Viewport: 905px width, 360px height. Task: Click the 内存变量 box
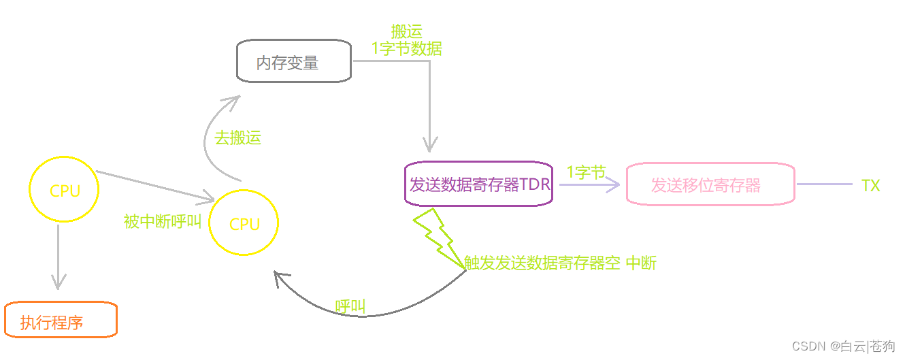tap(293, 61)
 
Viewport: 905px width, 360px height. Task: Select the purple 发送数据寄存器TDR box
tap(478, 184)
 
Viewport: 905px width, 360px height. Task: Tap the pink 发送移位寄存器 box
tap(710, 184)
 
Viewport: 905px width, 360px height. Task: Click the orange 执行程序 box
tap(61, 321)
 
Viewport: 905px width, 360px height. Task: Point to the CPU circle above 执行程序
tap(65, 190)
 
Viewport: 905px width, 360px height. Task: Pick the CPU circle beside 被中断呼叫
tap(244, 223)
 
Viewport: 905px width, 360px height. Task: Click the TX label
tap(870, 185)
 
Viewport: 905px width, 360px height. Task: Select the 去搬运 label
tap(237, 138)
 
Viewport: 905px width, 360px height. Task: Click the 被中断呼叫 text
tap(163, 222)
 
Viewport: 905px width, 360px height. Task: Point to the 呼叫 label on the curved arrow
tap(350, 306)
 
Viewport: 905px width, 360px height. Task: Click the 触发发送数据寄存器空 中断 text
tap(560, 263)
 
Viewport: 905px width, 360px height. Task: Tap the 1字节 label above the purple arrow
tap(585, 173)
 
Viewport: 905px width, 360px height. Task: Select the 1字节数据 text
tap(406, 48)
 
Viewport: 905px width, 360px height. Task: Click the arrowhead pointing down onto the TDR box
tap(429, 144)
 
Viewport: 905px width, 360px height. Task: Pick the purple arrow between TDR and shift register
tap(589, 184)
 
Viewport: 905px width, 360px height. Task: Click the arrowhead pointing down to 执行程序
tap(59, 280)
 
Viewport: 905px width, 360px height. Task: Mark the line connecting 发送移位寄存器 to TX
tap(824, 184)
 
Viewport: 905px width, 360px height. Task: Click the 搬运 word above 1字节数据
tap(406, 31)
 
